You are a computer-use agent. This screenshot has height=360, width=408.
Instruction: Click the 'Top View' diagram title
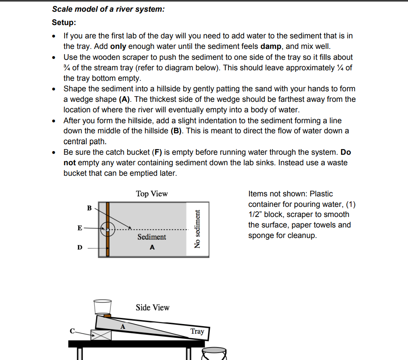tap(152, 194)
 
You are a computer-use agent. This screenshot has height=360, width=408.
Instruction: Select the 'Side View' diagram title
tap(153, 307)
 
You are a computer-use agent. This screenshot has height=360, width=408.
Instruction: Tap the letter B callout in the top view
tap(89, 208)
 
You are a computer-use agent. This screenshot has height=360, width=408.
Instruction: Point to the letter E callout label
tap(80, 228)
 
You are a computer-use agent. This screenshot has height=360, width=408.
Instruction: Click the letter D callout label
tap(80, 247)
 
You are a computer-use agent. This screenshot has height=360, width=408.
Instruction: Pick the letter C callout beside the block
tap(72, 331)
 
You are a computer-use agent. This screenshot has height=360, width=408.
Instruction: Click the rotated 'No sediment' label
tap(197, 229)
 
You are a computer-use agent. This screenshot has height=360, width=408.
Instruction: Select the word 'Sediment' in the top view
tap(151, 237)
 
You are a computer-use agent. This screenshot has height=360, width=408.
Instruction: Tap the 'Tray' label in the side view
tap(197, 331)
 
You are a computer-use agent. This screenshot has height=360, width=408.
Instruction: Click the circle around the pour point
tap(108, 229)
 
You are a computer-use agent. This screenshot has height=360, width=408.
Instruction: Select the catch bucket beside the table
tap(213, 353)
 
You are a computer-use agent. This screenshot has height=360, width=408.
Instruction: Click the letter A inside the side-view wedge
tap(123, 326)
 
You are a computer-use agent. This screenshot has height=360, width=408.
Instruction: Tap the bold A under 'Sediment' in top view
tap(152, 247)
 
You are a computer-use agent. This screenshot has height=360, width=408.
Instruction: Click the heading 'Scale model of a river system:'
tap(108, 9)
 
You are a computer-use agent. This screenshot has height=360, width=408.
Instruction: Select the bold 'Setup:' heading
tap(64, 22)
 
